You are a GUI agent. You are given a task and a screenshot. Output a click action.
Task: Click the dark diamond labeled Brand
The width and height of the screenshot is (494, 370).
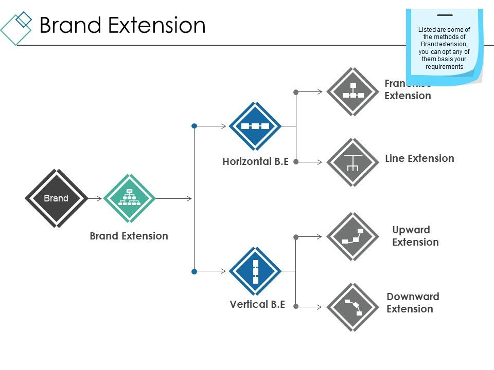[x=56, y=198]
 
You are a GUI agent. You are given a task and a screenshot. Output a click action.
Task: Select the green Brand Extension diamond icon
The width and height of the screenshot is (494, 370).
[x=130, y=198]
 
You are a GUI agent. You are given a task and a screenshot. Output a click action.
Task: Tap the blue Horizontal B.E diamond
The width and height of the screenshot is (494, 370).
[x=255, y=126]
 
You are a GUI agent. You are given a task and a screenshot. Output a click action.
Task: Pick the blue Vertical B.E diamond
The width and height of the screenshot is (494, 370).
[x=255, y=271]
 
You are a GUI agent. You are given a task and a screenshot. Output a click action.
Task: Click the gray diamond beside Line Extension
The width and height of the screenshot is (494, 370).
[x=353, y=162]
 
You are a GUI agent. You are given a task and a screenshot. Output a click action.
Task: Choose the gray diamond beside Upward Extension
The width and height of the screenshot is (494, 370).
[x=353, y=237]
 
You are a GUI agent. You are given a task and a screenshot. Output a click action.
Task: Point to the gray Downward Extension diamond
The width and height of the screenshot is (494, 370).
[x=353, y=307]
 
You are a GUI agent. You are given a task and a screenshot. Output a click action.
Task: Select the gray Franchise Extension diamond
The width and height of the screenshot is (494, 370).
[x=353, y=92]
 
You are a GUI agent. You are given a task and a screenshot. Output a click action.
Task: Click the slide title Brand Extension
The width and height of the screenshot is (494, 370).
[x=122, y=25]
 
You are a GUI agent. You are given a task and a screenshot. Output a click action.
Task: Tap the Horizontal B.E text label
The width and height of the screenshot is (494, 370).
[x=255, y=161]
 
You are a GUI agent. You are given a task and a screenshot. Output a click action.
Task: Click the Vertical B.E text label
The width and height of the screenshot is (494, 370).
[x=257, y=304]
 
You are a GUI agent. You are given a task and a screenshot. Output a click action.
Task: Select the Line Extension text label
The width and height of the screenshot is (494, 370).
[x=419, y=158]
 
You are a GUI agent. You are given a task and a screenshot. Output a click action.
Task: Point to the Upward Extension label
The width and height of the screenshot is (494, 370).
[x=415, y=236]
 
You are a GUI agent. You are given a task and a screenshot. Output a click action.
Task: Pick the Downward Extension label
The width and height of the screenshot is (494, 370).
[x=413, y=303]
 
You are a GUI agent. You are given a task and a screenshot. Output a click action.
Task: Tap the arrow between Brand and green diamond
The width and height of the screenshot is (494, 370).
[x=95, y=198]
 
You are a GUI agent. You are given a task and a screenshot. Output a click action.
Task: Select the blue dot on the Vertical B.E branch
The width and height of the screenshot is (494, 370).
[x=194, y=271]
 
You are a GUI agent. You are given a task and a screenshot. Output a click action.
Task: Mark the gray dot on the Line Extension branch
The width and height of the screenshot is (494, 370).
[x=296, y=162]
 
